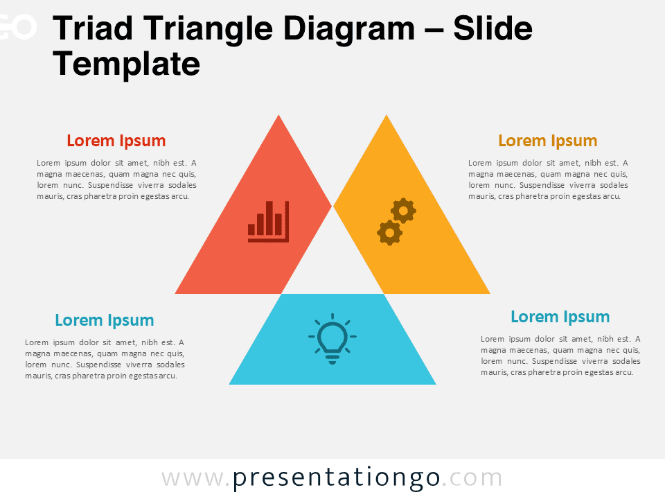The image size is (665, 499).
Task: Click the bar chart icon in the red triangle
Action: [x=269, y=222]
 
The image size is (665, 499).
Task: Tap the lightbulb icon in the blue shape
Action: [x=332, y=339]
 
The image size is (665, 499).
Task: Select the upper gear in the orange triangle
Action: [x=403, y=211]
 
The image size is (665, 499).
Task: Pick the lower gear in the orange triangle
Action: [x=390, y=233]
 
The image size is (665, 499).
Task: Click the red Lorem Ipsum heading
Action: [x=116, y=141]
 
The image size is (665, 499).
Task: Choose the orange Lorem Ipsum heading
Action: [x=548, y=141]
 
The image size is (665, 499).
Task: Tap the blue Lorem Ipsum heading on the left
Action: [x=105, y=320]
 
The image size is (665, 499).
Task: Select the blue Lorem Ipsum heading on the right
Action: [x=560, y=317]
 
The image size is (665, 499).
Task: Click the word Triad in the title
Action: [x=93, y=28]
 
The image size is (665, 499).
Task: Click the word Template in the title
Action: [x=126, y=64]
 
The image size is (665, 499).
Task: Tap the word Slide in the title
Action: [x=493, y=28]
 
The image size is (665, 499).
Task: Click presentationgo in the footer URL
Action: [x=336, y=478]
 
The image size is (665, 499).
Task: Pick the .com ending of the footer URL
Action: [x=472, y=479]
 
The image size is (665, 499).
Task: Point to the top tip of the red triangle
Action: [x=278, y=115]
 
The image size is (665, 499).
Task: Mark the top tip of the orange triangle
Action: [x=387, y=115]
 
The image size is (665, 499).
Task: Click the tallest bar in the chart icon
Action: [x=269, y=218]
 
